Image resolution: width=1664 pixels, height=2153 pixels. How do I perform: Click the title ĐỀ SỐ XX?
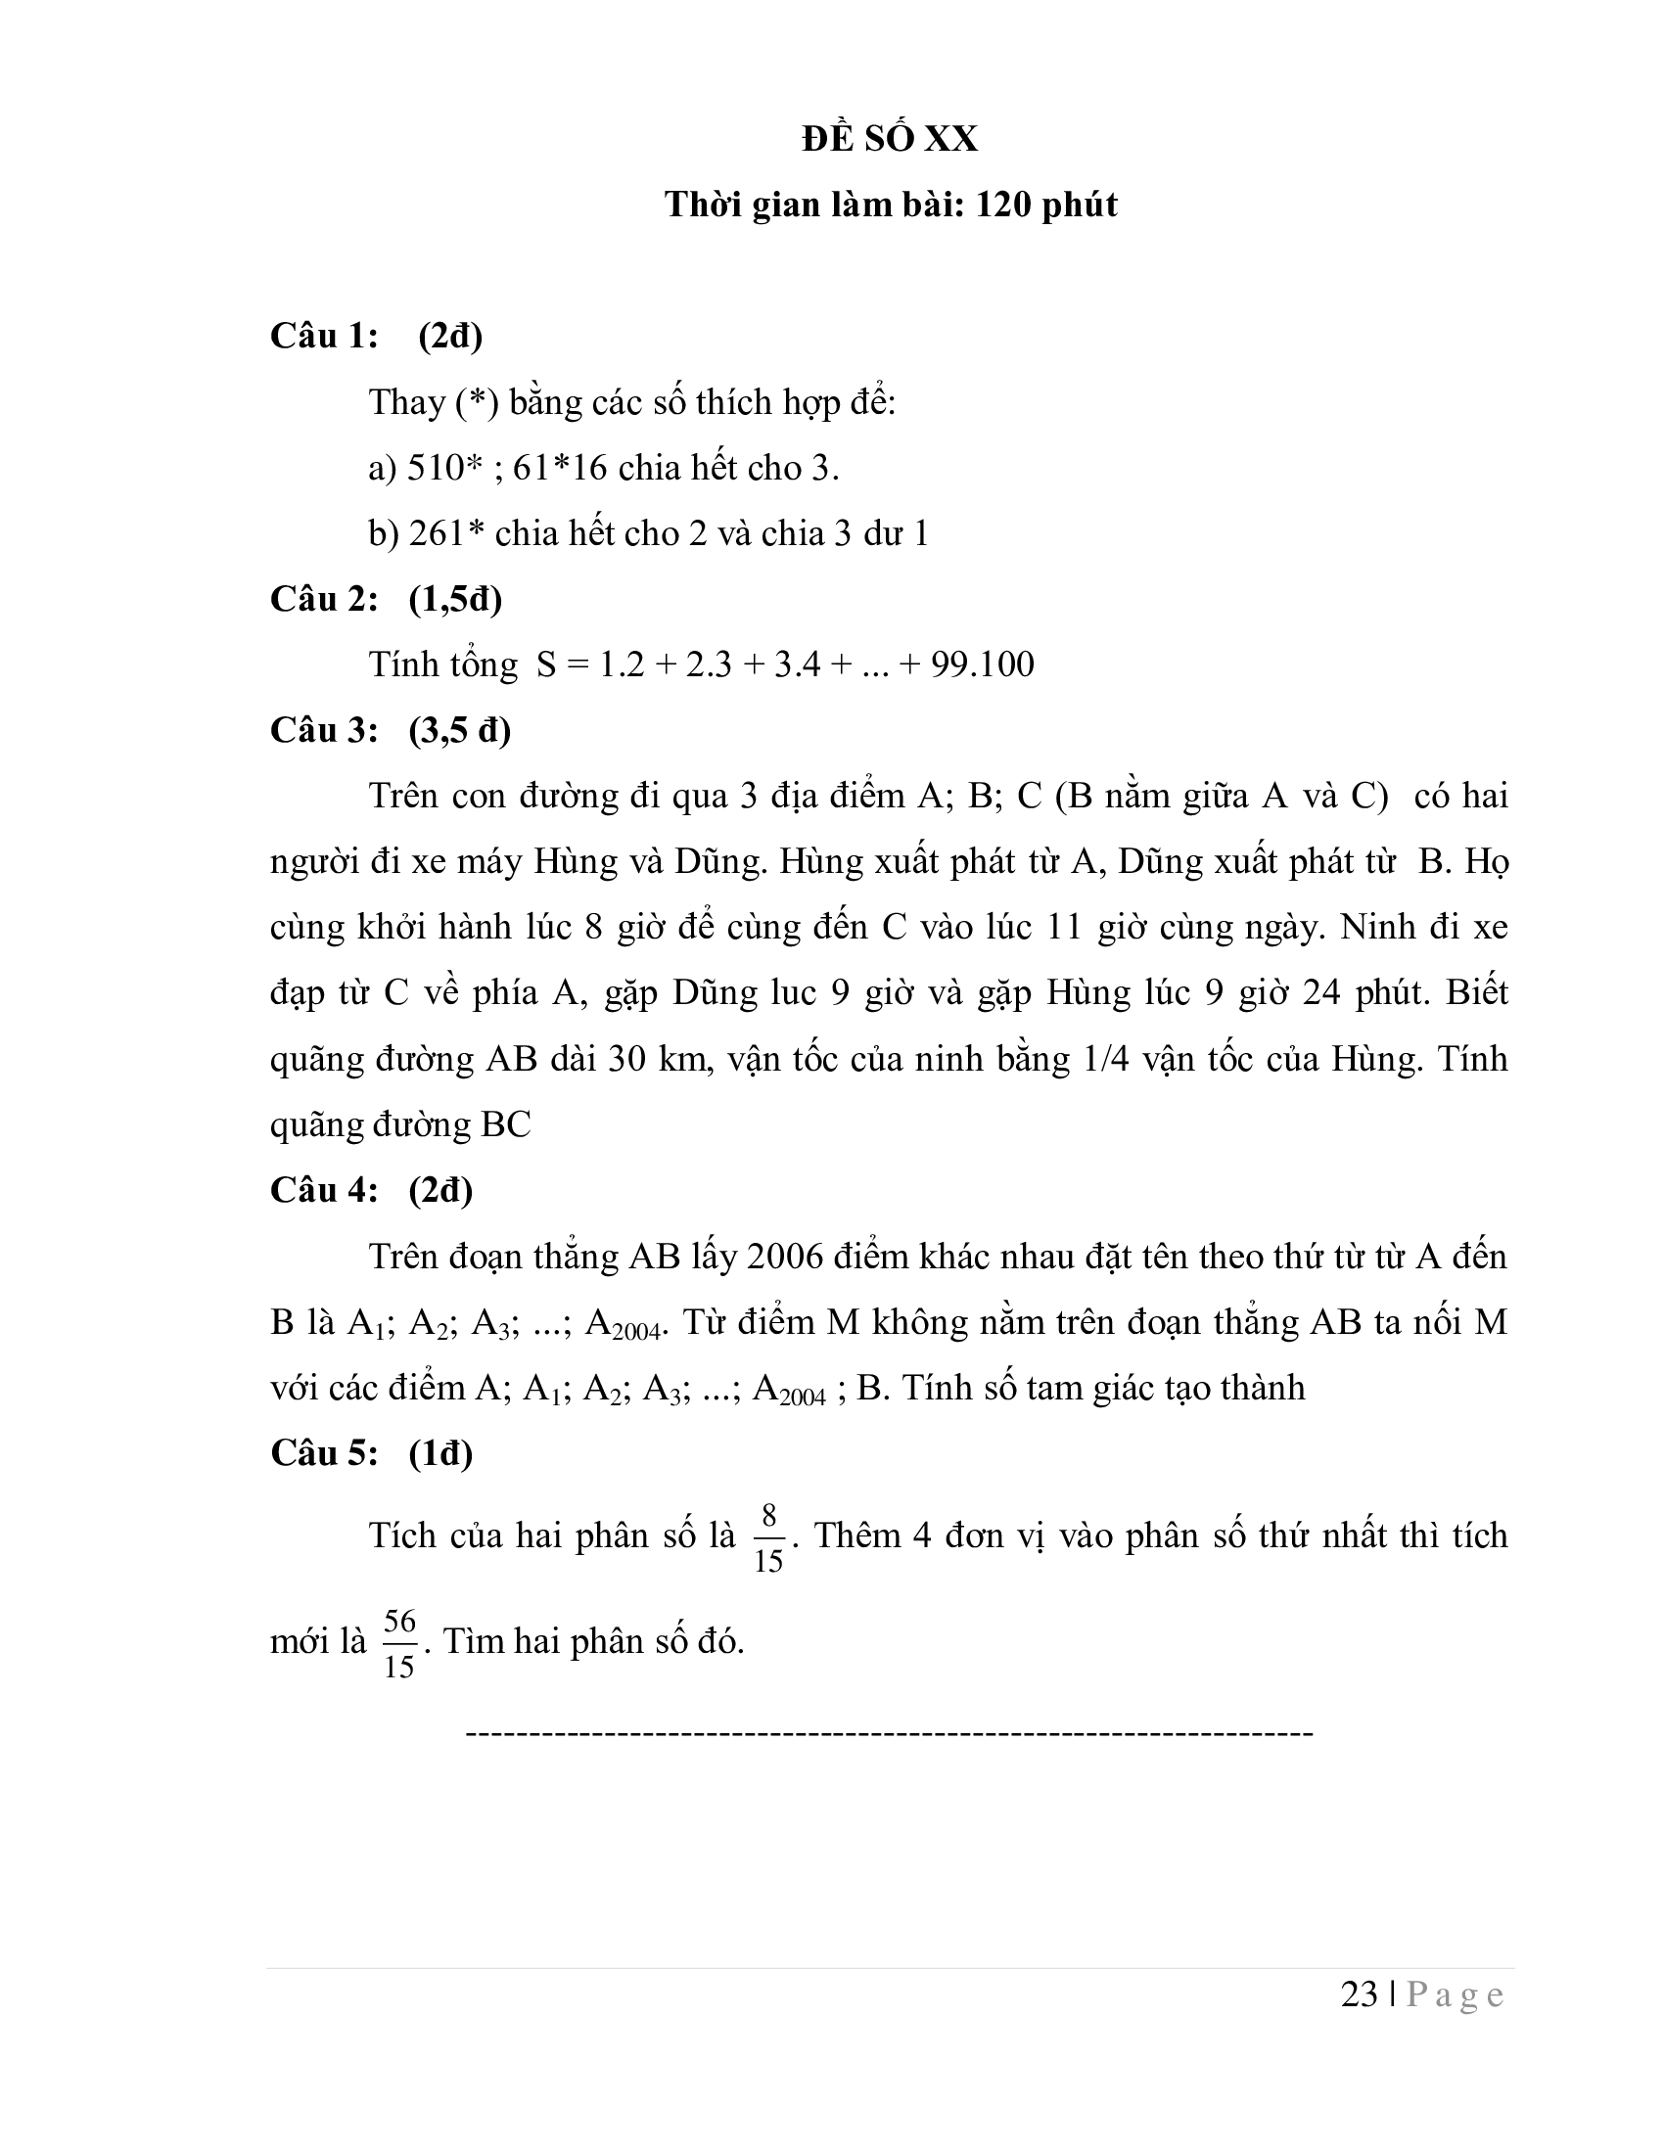889,139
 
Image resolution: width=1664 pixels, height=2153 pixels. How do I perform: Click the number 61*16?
560,467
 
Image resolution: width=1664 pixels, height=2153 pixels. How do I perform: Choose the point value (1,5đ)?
455,599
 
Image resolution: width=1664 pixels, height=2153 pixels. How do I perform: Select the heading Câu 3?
324,730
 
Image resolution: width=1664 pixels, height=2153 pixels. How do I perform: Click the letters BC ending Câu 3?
506,1124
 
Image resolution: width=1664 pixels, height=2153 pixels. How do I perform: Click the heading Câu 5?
324,1453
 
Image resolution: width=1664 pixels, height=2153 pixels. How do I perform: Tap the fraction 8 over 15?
768,1536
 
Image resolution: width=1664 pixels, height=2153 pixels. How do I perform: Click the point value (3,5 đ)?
459,730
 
